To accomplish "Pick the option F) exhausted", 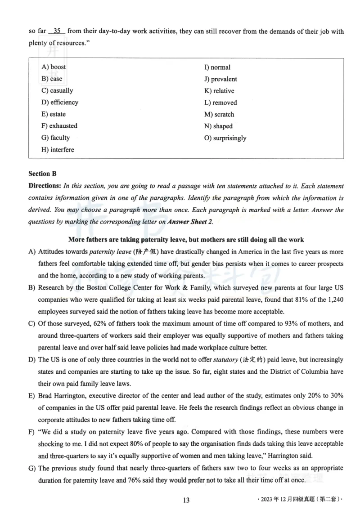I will click(x=59, y=126).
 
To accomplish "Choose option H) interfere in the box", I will click(x=58, y=150).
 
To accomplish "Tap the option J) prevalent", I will click(x=220, y=79).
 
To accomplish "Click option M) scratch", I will click(x=219, y=115).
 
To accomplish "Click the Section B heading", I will click(x=42, y=174).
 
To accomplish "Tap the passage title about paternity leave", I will click(x=185, y=240).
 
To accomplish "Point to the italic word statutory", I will click(x=226, y=360).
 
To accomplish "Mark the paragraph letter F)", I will click(x=31, y=432).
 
